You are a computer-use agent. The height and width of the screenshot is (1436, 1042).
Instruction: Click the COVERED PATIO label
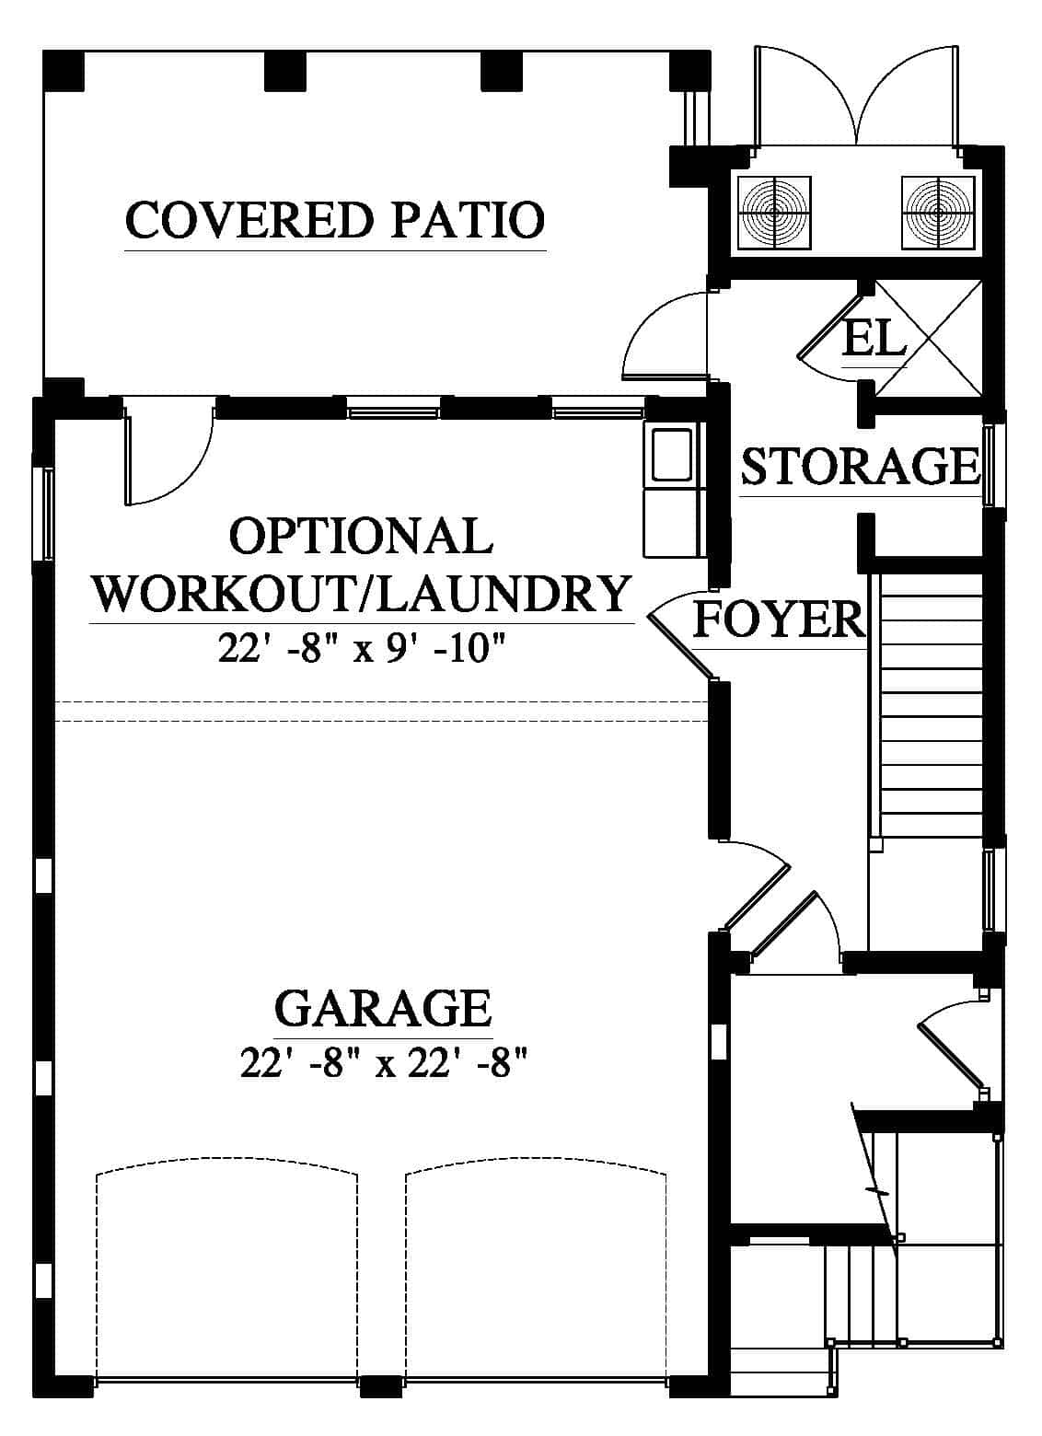tap(335, 219)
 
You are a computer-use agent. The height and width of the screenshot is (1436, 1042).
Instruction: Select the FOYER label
tap(779, 620)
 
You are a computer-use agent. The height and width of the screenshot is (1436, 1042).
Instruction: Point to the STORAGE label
tap(861, 466)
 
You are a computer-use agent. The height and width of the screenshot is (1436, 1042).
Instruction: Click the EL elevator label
tap(874, 338)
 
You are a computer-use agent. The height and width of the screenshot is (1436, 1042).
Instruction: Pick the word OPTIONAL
tap(361, 536)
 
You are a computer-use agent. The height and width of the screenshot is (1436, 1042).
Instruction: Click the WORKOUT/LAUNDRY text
tap(363, 594)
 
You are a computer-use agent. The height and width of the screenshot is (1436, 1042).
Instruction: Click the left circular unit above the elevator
tap(775, 213)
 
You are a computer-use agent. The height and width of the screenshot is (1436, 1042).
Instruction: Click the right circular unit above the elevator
tap(937, 213)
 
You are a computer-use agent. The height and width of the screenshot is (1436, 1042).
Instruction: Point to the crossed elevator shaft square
tap(928, 338)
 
